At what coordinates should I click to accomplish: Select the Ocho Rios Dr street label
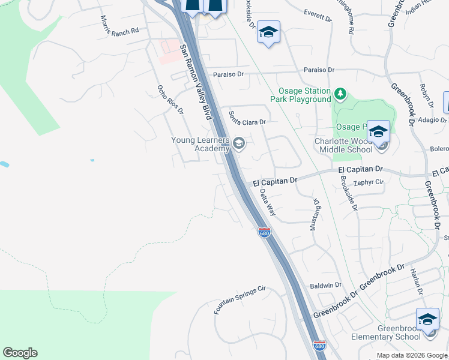[x=169, y=99]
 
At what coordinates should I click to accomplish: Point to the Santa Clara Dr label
[x=247, y=118]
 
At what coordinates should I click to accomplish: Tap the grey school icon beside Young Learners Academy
[x=239, y=143]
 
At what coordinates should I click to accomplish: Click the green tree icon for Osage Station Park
[x=340, y=94]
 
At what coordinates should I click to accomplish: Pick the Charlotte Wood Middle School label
[x=343, y=146]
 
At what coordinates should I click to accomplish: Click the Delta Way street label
[x=268, y=202]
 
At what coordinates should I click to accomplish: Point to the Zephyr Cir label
[x=369, y=182]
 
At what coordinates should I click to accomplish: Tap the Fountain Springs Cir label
[x=239, y=301]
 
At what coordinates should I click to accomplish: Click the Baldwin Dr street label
[x=325, y=285]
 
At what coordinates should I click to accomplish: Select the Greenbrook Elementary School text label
[x=399, y=332]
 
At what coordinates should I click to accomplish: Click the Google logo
[x=20, y=353]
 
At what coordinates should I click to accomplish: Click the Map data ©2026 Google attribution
[x=412, y=356]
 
